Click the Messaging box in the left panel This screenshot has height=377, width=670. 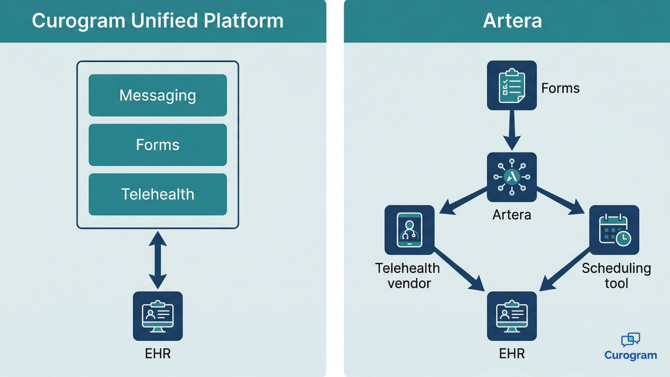157,95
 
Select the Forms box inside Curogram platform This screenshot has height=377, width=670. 157,145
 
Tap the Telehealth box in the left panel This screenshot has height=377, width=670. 157,194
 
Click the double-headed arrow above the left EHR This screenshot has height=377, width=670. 158,260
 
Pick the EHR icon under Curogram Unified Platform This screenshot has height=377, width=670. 158,316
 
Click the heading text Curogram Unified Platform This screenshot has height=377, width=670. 157,21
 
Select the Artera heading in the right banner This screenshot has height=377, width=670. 512,21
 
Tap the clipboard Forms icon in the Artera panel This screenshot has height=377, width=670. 512,86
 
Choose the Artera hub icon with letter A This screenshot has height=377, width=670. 512,177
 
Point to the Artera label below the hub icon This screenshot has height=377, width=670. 512,215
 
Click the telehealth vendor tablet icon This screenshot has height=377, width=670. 409,230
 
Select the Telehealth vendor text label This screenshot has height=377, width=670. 408,276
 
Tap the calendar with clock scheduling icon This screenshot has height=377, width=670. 614,230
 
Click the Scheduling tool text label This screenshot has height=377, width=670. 616,276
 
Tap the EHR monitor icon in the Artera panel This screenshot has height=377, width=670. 512,316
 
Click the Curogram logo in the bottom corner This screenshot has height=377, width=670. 631,347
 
